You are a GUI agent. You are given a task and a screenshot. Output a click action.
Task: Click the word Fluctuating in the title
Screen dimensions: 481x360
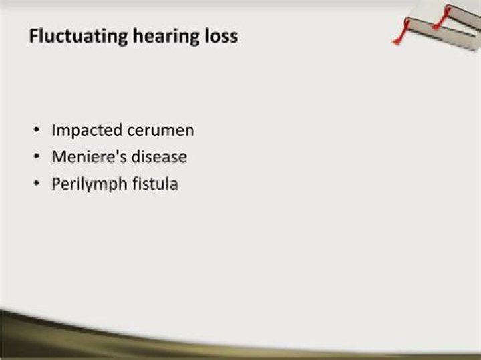tap(78, 37)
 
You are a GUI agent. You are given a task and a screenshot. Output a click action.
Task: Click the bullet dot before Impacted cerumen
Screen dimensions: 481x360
tap(37, 130)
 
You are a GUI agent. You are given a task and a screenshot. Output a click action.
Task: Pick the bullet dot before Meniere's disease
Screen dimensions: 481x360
tap(37, 157)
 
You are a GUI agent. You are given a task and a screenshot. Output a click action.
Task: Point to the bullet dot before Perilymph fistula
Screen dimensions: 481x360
tap(37, 184)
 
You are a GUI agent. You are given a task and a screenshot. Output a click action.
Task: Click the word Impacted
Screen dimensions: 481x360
tap(87, 130)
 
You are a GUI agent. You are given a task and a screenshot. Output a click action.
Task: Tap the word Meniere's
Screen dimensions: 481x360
tap(89, 157)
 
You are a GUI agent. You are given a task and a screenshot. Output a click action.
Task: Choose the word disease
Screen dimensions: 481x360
tap(159, 157)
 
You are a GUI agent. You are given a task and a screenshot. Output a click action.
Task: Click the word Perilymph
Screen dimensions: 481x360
tap(90, 184)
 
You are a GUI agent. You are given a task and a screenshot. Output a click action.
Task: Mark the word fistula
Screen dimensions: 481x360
tap(155, 184)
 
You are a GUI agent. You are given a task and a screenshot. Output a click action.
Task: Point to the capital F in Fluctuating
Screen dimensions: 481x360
tap(34, 36)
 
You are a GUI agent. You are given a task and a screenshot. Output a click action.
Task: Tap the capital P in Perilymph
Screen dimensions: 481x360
tap(56, 184)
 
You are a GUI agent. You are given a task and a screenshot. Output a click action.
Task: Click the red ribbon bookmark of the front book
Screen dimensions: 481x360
tap(402, 32)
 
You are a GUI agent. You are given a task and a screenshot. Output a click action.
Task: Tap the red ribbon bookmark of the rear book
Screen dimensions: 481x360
tap(442, 18)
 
